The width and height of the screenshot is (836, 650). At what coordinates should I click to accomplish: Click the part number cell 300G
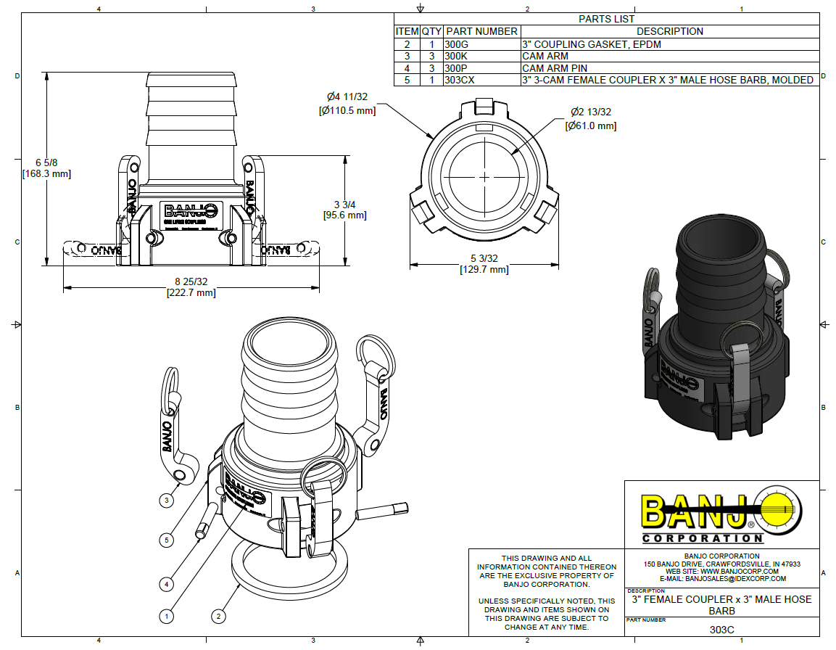[x=455, y=44]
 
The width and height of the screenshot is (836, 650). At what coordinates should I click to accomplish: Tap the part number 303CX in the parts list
[x=460, y=80]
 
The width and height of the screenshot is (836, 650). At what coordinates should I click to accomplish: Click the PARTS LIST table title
[x=606, y=19]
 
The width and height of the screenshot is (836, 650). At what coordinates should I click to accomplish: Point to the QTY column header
[x=431, y=31]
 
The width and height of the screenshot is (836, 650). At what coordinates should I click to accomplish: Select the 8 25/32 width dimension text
[x=191, y=281]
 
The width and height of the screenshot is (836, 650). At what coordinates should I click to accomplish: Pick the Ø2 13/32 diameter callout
[x=590, y=112]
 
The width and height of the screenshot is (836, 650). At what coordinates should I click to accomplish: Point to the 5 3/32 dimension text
[x=484, y=258]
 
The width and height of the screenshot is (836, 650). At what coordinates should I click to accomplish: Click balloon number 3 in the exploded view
[x=167, y=500]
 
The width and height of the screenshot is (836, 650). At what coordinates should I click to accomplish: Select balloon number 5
[x=167, y=540]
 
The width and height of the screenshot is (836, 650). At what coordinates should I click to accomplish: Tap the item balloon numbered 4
[x=167, y=583]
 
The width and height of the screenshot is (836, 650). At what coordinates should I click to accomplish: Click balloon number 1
[x=167, y=617]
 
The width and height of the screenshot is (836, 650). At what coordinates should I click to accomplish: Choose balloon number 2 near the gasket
[x=218, y=617]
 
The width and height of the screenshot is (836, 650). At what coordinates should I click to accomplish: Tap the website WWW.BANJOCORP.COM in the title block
[x=721, y=571]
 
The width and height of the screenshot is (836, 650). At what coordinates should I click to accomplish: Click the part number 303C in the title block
[x=721, y=630]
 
